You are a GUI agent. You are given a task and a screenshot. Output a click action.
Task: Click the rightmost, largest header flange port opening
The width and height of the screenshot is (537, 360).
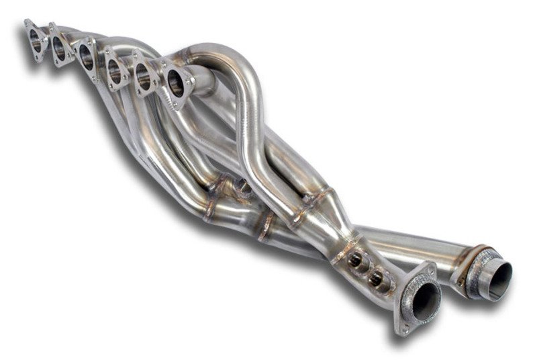click(176, 83)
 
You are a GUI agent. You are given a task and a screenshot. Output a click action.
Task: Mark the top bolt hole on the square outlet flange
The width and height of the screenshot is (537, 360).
click(430, 269)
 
